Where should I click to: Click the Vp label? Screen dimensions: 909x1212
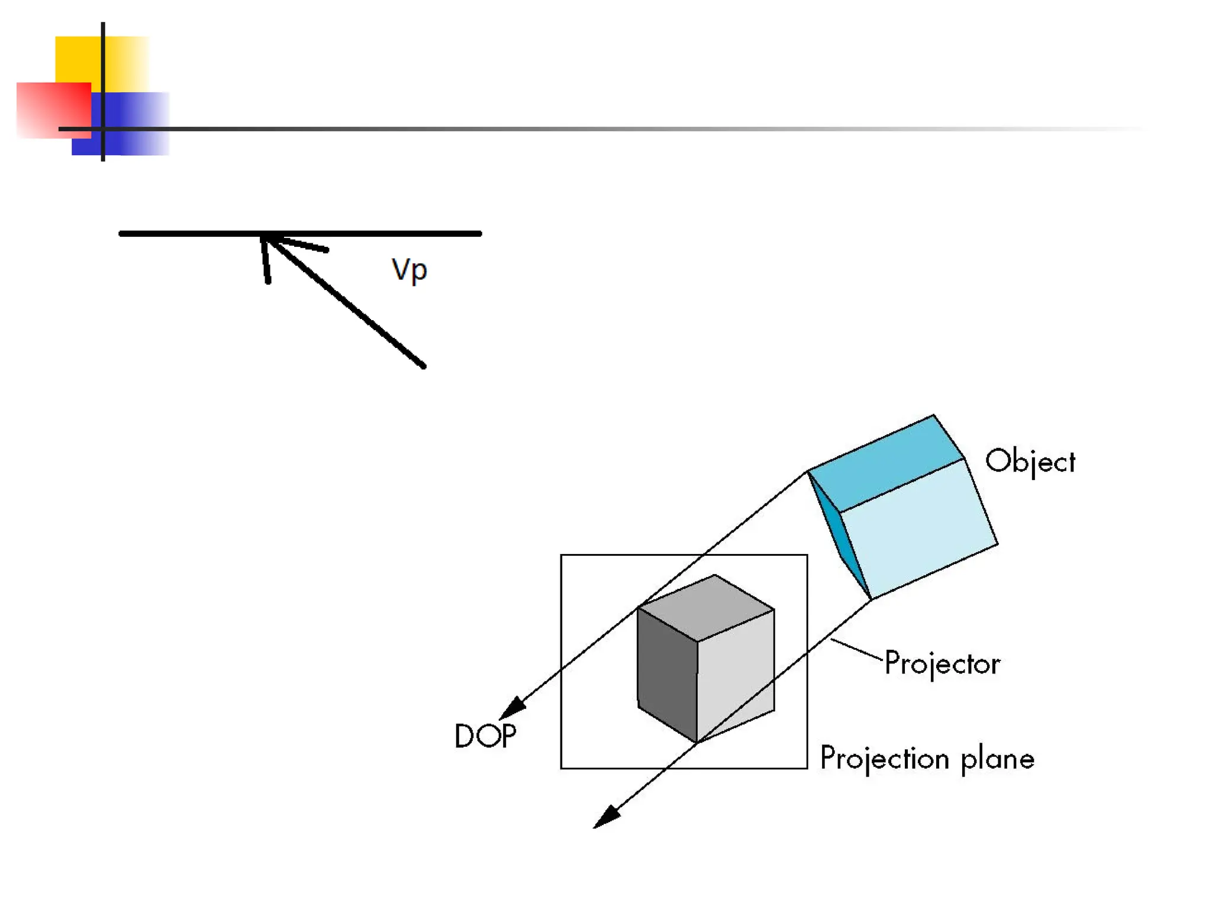[409, 270]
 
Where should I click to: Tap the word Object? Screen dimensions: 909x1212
[1030, 462]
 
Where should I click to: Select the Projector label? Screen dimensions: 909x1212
[942, 663]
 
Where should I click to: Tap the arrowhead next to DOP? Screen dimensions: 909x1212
[512, 708]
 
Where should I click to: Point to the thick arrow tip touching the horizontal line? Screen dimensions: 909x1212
[266, 238]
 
